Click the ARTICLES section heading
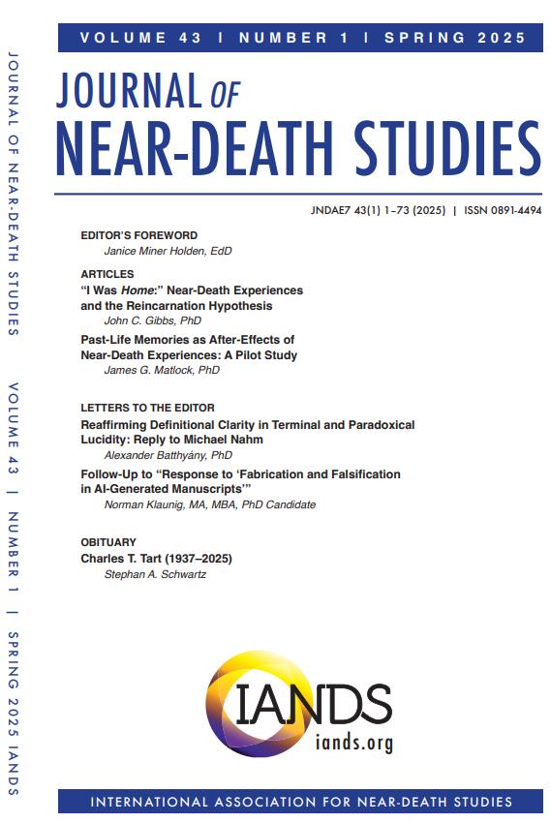click(x=107, y=274)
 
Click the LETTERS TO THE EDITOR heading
click(x=147, y=408)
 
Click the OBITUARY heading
click(x=108, y=542)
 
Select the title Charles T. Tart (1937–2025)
click(x=157, y=559)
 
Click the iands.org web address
click(x=353, y=742)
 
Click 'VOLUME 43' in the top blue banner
click(x=140, y=38)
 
